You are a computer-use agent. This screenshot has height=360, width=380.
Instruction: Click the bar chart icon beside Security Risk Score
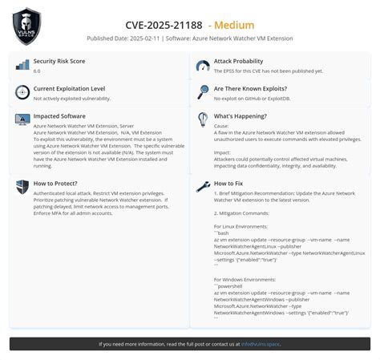pyautogui.click(x=22, y=65)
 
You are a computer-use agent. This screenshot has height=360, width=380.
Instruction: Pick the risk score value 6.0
pyautogui.click(x=37, y=71)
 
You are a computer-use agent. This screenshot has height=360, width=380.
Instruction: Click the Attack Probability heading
pyautogui.click(x=238, y=62)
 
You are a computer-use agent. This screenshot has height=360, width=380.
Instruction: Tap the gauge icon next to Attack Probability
pyautogui.click(x=203, y=65)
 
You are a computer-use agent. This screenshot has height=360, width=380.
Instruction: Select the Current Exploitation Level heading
pyautogui.click(x=69, y=89)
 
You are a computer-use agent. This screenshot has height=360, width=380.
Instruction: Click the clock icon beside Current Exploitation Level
pyautogui.click(x=22, y=92)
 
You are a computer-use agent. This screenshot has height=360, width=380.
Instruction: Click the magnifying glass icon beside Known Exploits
pyautogui.click(x=203, y=92)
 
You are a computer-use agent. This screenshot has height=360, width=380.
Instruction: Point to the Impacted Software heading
pyautogui.click(x=59, y=116)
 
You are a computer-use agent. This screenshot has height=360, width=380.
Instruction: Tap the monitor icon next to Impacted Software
pyautogui.click(x=22, y=119)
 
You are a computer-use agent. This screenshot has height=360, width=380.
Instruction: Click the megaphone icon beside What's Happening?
pyautogui.click(x=203, y=119)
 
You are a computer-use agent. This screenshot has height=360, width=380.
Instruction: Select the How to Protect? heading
pyautogui.click(x=55, y=184)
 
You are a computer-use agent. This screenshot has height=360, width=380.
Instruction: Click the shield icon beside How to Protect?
pyautogui.click(x=22, y=187)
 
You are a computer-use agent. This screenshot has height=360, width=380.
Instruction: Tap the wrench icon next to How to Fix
pyautogui.click(x=203, y=187)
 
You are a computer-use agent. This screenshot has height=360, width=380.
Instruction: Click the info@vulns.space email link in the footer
pyautogui.click(x=261, y=344)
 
